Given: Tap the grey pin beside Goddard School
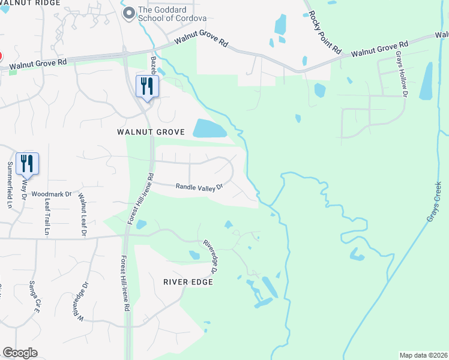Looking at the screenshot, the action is (x=128, y=13).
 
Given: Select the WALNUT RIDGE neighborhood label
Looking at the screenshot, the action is (x=30, y=3).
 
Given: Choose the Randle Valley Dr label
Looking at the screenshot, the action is (x=199, y=187).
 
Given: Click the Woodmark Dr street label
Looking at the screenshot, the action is (x=52, y=194).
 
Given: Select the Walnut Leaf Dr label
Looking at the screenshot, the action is (x=82, y=211).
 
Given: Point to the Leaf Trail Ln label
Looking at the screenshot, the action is (x=46, y=217).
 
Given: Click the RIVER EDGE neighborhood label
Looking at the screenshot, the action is (x=188, y=281).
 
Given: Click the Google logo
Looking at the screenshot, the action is (x=20, y=353).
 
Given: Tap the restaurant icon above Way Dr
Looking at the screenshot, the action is (x=27, y=163).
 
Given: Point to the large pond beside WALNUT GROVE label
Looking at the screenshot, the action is (x=209, y=128).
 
